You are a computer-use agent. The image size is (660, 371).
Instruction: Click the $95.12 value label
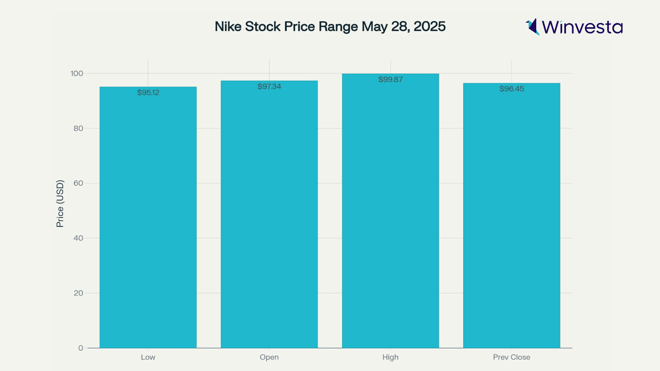click(x=148, y=93)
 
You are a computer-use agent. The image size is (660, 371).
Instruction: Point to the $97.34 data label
click(x=269, y=87)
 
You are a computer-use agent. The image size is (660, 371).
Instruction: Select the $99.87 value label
click(x=390, y=80)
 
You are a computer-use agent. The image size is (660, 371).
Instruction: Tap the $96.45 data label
click(x=511, y=89)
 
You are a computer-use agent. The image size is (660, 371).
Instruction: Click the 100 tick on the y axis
click(x=77, y=73)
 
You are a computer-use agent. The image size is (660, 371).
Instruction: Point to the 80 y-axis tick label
click(x=78, y=128)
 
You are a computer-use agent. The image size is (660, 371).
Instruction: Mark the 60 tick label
click(x=78, y=183)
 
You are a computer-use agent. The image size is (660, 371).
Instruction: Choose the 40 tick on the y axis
click(x=78, y=238)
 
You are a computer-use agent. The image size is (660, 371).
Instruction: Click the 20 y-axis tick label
click(x=78, y=293)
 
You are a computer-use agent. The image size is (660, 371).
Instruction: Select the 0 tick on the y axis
click(x=81, y=348)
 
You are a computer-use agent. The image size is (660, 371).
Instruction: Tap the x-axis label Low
click(x=148, y=357)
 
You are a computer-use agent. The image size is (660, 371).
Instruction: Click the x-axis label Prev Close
click(x=511, y=357)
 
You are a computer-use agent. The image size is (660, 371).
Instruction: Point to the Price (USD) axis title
click(x=60, y=204)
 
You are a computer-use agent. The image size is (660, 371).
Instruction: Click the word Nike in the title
click(x=228, y=26)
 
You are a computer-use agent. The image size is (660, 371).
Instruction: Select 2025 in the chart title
click(x=429, y=26)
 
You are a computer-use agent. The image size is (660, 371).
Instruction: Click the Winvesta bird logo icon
click(x=533, y=27)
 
